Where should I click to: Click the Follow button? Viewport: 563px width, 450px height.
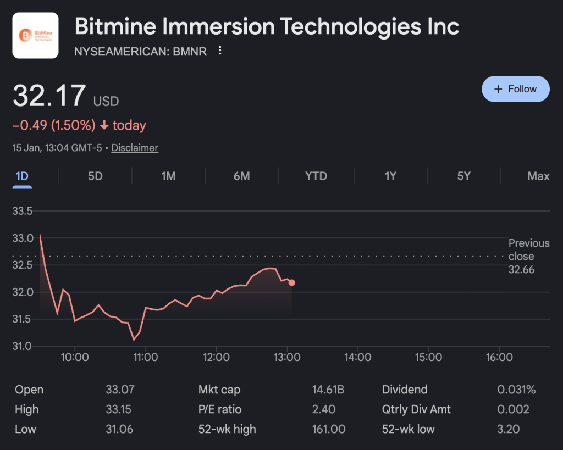click(x=515, y=89)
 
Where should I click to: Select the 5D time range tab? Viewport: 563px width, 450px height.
click(x=95, y=176)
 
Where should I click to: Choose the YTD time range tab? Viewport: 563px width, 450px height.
click(x=316, y=176)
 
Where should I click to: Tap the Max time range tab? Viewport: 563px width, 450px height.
click(x=538, y=176)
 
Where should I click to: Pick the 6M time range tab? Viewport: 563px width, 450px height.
click(x=241, y=176)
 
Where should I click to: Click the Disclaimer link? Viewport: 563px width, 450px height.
click(x=135, y=148)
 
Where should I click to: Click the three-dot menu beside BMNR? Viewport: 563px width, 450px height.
click(x=220, y=51)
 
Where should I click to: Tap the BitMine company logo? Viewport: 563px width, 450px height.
click(x=35, y=35)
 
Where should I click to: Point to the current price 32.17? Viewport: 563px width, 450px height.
click(x=49, y=96)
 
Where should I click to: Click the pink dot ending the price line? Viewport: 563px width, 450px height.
click(x=291, y=282)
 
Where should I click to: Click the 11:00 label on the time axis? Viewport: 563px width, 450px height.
click(x=145, y=358)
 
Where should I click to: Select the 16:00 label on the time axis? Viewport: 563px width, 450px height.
click(x=499, y=358)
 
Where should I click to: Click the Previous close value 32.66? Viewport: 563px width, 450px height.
click(x=521, y=270)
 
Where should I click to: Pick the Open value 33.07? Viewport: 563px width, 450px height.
click(x=120, y=390)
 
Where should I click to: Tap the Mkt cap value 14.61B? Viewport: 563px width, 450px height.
click(x=328, y=390)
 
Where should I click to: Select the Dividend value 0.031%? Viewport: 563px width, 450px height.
click(x=516, y=390)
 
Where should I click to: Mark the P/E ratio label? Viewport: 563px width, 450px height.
click(x=220, y=409)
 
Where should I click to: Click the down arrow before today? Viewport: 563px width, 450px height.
click(x=104, y=126)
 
